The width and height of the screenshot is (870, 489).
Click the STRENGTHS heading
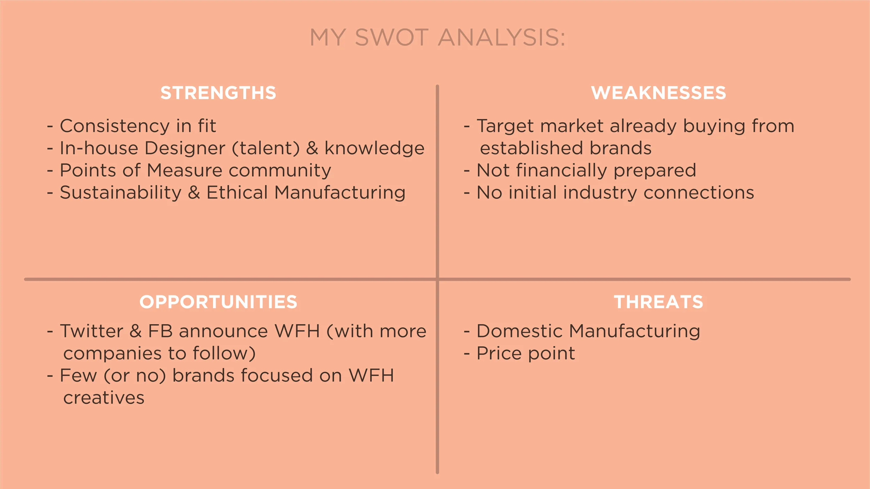pos(218,93)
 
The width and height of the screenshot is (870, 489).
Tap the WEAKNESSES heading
pos(658,93)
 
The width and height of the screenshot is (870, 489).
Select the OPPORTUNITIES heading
pos(218,302)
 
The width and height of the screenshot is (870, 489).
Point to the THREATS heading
pos(658,302)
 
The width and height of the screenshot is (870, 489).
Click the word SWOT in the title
pos(391,37)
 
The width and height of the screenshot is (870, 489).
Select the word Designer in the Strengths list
pos(185,148)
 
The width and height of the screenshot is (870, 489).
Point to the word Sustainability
pos(120,193)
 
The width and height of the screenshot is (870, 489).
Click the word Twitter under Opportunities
pos(92,331)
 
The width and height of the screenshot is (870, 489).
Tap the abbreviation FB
pos(160,331)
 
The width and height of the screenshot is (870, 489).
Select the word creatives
pos(104,398)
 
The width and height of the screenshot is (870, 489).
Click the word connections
pos(699,193)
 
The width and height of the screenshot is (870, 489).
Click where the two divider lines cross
pos(437,279)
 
